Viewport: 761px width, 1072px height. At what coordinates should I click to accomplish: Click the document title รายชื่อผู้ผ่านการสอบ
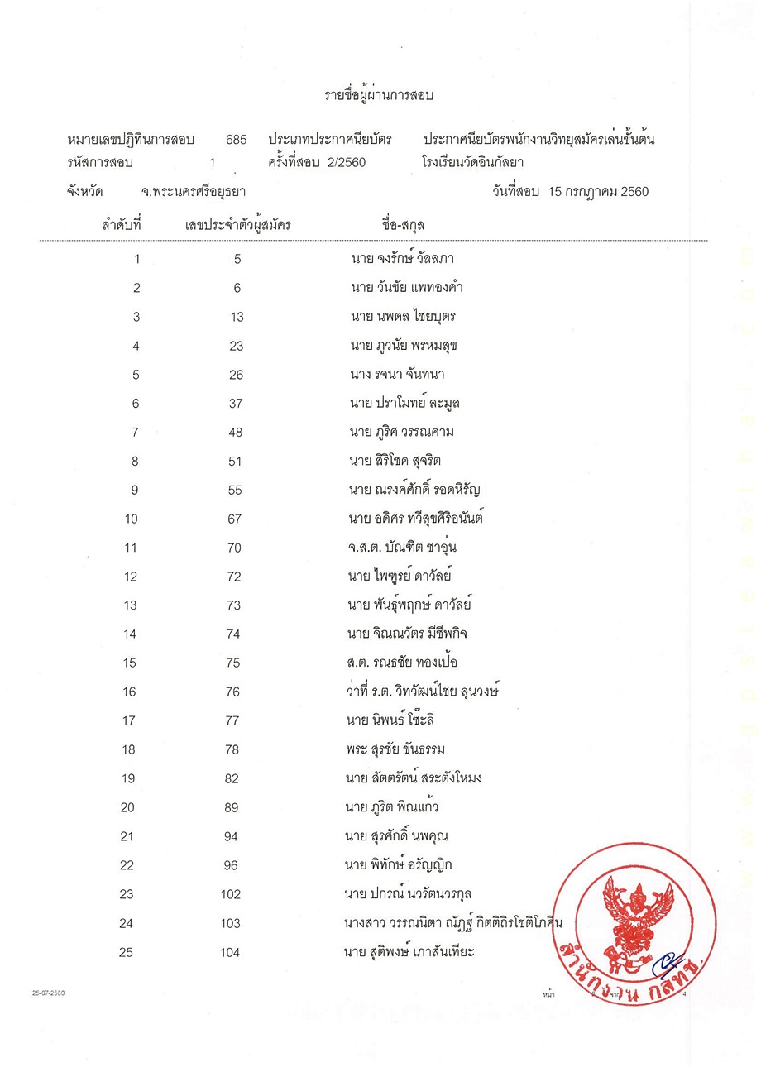(379, 95)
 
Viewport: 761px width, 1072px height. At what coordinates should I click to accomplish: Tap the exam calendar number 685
(236, 140)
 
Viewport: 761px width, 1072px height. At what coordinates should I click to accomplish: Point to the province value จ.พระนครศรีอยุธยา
(194, 192)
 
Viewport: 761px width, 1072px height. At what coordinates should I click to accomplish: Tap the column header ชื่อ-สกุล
(404, 224)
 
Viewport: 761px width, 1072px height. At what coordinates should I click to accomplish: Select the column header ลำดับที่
(122, 224)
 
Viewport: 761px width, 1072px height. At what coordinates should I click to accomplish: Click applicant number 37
(236, 404)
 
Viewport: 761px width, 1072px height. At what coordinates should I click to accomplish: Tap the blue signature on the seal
(662, 965)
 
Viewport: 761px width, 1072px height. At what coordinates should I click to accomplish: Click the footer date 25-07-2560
(48, 993)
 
